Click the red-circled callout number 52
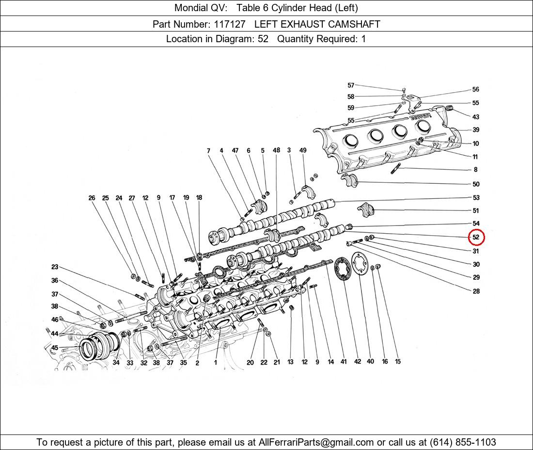tap(476, 237)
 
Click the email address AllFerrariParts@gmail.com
tap(316, 442)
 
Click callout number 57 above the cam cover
tap(351, 85)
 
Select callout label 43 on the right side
tap(476, 117)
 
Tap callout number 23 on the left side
tap(55, 267)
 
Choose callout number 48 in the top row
tap(276, 150)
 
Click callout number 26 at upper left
tap(92, 198)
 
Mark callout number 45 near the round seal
tap(55, 348)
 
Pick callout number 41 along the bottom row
tap(344, 362)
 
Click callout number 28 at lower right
tap(476, 291)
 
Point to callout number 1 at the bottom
tap(215, 362)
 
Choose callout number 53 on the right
tap(476, 197)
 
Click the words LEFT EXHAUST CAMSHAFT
tap(317, 24)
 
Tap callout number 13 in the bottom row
tap(290, 362)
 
